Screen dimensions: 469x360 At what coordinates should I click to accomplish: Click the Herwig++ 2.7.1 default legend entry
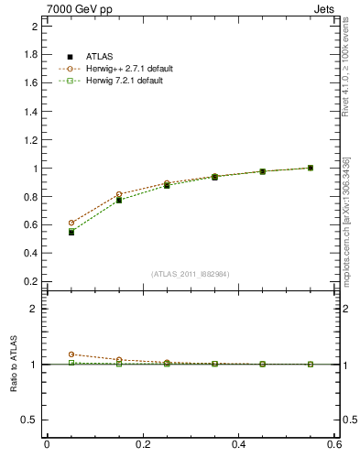point(128,69)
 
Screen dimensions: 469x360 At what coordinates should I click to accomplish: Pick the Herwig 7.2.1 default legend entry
point(125,81)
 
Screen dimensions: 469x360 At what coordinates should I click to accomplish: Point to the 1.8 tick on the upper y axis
point(32,55)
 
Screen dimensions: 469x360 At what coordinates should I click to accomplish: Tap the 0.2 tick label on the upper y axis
point(32,281)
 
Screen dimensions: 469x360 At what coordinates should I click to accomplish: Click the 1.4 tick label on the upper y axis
point(32,112)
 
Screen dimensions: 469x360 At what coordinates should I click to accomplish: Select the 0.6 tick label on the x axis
point(335,446)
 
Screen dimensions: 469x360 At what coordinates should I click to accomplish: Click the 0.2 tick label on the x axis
point(142,446)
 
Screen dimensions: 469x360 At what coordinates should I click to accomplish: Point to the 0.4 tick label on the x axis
point(239,446)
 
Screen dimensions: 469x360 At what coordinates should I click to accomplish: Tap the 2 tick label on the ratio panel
point(36,310)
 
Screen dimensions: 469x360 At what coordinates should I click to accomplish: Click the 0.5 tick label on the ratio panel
point(32,420)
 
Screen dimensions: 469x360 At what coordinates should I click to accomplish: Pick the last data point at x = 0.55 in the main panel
point(311,168)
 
